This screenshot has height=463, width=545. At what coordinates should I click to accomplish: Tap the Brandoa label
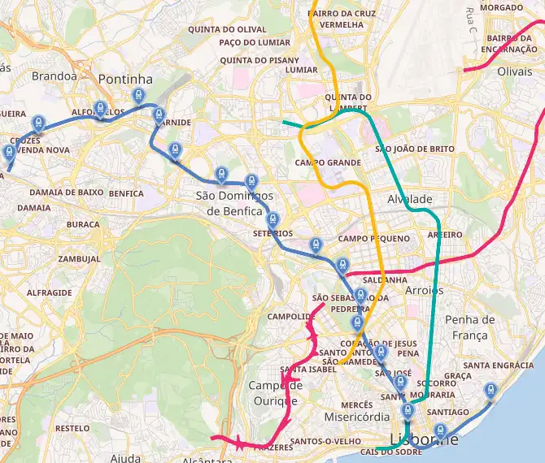(x=54, y=76)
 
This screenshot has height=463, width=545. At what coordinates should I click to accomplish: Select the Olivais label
(x=513, y=71)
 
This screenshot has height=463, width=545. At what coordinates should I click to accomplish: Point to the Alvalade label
(x=410, y=199)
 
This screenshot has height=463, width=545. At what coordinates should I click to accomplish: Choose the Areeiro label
(x=444, y=235)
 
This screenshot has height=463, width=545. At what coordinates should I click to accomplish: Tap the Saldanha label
(x=386, y=279)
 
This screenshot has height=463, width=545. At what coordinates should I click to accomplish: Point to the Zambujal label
(x=79, y=259)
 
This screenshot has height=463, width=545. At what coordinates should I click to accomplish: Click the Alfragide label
(x=49, y=292)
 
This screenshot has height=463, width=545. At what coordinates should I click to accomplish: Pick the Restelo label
(x=72, y=427)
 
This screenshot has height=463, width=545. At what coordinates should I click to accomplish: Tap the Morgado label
(x=502, y=7)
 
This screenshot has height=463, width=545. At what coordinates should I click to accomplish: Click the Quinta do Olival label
(x=216, y=29)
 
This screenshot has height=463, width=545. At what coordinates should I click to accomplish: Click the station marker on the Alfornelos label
(x=100, y=108)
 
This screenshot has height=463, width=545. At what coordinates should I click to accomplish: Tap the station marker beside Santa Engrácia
(x=490, y=391)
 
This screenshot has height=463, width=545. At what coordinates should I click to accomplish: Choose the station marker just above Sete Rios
(x=273, y=219)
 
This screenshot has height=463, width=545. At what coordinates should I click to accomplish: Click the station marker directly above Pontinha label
(x=139, y=95)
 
